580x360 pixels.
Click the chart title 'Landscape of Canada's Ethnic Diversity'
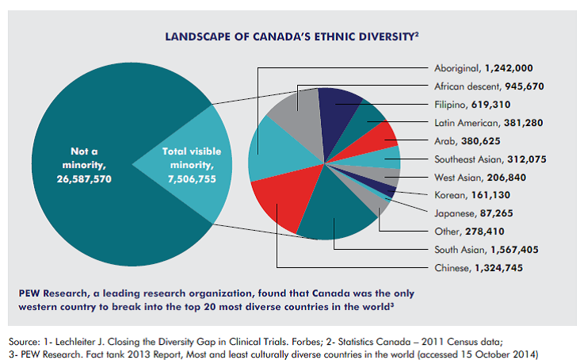click(x=292, y=36)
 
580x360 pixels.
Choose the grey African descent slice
click(x=300, y=118)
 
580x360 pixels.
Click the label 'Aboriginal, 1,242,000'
click(x=483, y=68)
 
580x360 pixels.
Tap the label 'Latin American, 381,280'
click(x=489, y=123)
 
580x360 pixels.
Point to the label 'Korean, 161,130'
click(x=472, y=195)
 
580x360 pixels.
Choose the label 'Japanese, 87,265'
click(x=474, y=213)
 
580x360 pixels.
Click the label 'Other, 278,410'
click(x=469, y=232)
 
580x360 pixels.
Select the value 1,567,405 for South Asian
click(x=514, y=250)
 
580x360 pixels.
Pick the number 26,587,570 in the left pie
click(x=84, y=179)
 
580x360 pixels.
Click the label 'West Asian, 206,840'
click(x=480, y=178)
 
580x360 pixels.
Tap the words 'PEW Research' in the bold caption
click(x=53, y=293)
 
